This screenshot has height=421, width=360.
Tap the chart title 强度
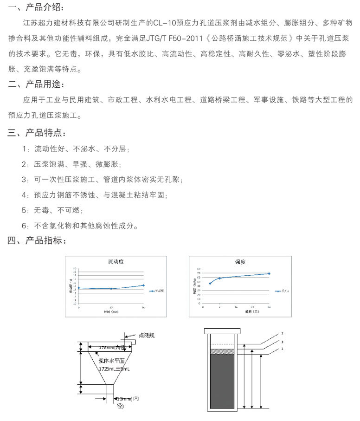(239, 262)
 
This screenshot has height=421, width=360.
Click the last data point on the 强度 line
(269, 273)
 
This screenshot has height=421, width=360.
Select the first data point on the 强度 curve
(210, 283)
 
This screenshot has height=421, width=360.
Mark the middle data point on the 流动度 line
(111, 289)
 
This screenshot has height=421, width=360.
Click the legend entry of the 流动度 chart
(158, 291)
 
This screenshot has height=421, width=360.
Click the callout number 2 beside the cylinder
(282, 333)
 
